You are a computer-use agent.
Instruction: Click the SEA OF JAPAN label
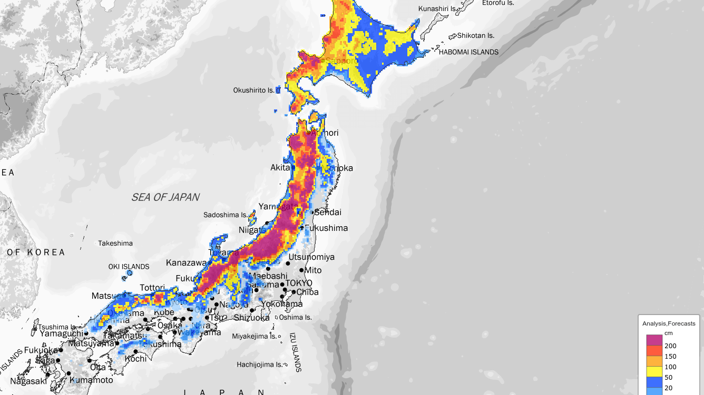point(165,197)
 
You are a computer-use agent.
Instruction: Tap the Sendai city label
point(328,212)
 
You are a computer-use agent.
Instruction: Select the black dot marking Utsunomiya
point(288,264)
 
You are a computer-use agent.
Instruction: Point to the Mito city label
point(313,270)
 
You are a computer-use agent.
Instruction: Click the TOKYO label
point(299,283)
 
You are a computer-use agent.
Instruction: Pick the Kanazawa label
point(187,262)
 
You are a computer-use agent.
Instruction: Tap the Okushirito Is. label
point(254,90)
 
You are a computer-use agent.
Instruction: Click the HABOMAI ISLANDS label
point(468,52)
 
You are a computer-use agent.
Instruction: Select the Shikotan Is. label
point(476,36)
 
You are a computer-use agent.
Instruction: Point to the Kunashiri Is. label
point(437,9)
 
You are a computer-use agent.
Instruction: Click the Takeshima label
point(115,244)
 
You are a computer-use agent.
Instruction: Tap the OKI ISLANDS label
point(129,267)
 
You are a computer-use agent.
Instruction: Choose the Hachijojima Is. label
point(260,364)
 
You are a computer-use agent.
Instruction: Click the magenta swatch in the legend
point(654,340)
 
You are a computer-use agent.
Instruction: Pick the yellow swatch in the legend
point(654,372)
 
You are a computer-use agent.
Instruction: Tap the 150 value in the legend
point(670,357)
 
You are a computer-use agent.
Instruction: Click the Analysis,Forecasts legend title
point(669,323)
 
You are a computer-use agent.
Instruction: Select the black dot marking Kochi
point(135,351)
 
